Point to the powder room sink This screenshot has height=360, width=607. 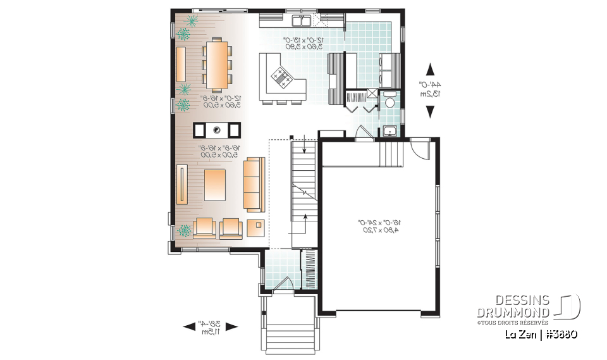click(x=390, y=131)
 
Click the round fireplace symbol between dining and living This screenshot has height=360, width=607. click(x=217, y=130)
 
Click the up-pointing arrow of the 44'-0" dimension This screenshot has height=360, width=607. click(x=431, y=70)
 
